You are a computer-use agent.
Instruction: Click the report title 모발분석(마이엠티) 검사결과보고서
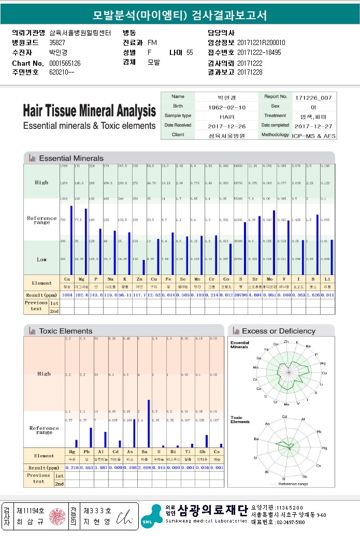point(180,16)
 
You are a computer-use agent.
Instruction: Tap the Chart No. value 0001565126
point(65,63)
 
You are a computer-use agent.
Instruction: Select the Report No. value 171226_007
point(314,97)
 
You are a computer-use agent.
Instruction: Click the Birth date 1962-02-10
point(227,107)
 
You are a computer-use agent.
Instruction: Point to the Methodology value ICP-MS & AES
point(314,135)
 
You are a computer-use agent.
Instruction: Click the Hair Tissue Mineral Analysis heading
point(89,111)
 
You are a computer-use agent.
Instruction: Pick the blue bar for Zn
point(143,267)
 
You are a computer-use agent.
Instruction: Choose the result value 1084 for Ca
point(67,295)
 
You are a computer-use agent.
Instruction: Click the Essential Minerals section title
point(71,158)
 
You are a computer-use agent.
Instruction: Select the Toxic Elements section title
point(65,331)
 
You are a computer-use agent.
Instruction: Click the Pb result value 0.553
point(87,468)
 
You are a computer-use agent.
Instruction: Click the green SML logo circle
point(148,522)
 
